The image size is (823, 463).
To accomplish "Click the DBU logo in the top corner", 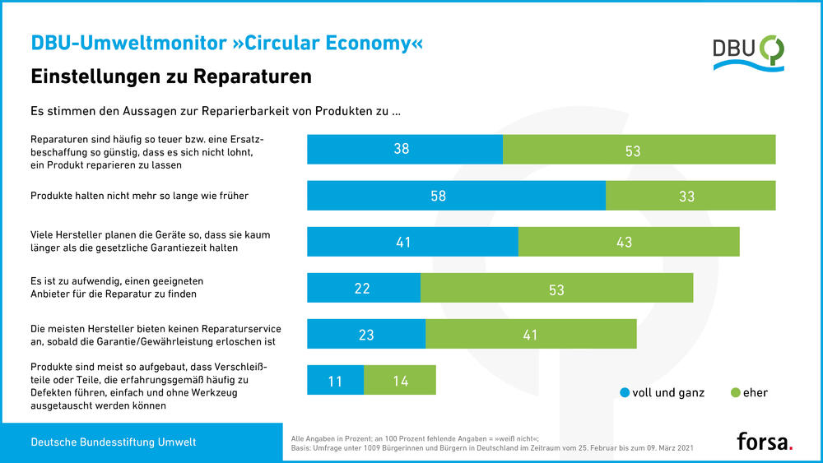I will click(748, 53).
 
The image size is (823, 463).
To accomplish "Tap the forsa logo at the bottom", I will click(765, 442).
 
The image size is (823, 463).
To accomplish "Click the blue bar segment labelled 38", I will click(404, 150).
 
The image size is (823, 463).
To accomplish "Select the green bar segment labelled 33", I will click(690, 197).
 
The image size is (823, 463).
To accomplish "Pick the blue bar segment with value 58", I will click(456, 197).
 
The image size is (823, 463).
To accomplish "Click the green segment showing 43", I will click(629, 243).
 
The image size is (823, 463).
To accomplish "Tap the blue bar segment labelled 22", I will click(363, 288).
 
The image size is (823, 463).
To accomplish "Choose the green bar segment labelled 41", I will click(531, 334).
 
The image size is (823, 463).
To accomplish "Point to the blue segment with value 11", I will click(335, 381).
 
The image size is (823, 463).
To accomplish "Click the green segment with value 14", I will click(399, 381).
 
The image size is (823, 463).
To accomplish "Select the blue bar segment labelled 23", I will click(365, 334).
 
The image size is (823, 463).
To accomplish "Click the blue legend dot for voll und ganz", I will click(625, 393).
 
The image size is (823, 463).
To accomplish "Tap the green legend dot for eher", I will click(735, 393).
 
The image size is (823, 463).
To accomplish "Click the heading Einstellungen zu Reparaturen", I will click(171, 76).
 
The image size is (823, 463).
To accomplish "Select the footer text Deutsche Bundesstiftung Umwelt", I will click(114, 442).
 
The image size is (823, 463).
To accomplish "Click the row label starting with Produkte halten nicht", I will click(139, 196).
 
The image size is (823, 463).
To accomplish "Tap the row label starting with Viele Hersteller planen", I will click(150, 241).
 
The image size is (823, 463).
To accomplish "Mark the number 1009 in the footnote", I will click(385, 449).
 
